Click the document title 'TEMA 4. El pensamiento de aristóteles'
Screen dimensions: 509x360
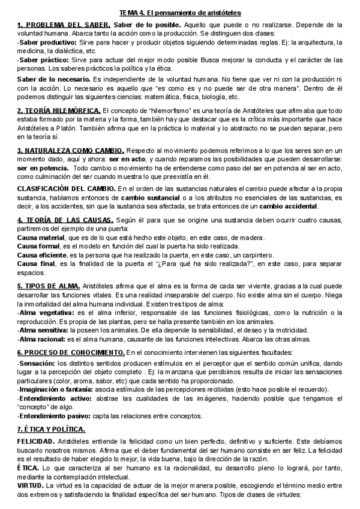(x=180, y=13)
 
